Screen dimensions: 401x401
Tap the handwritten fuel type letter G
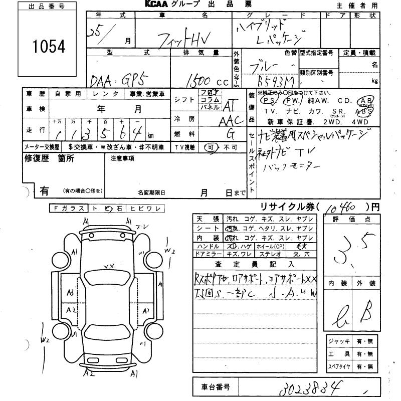coord(230,134)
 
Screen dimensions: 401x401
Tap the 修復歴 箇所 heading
coord(50,158)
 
